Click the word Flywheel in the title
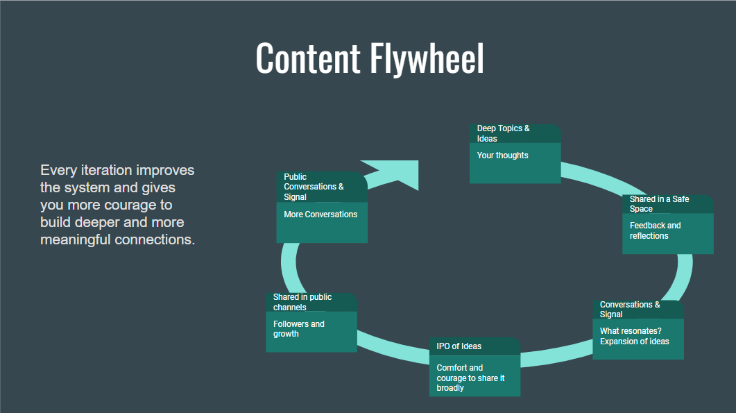(x=426, y=58)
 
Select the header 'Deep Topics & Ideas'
(x=503, y=133)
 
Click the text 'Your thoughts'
(x=502, y=155)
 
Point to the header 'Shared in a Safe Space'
(x=659, y=204)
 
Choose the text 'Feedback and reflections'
(x=655, y=230)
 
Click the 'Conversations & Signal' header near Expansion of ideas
(x=630, y=309)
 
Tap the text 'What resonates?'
(x=631, y=331)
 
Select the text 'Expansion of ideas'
(x=634, y=341)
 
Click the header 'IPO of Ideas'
(x=459, y=346)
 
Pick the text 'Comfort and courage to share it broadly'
(x=470, y=378)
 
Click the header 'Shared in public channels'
(x=302, y=302)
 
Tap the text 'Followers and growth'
(x=298, y=329)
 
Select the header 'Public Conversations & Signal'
(x=314, y=187)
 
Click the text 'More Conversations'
(x=320, y=214)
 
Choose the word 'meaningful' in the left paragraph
(x=77, y=240)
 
